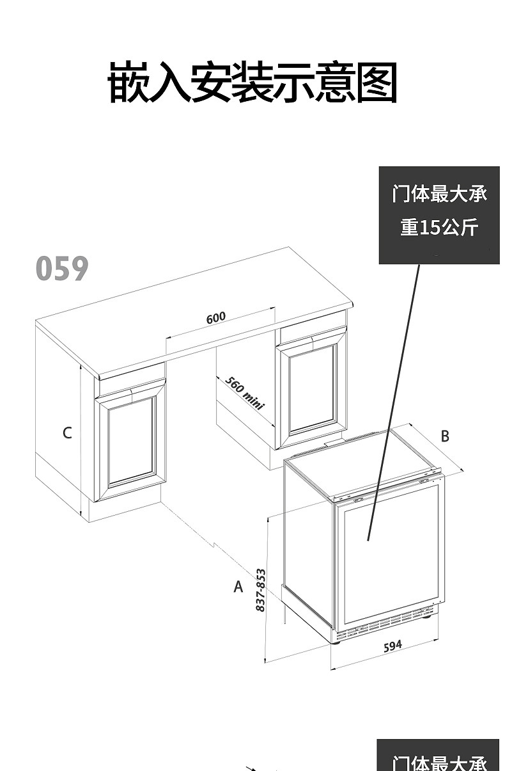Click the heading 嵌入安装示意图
tap(252, 84)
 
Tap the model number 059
tap(61, 269)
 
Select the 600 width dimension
tap(216, 318)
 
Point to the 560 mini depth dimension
tap(244, 393)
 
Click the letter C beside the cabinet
tap(67, 433)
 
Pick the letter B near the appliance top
tap(445, 436)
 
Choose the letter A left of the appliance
tap(238, 586)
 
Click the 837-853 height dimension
tap(260, 589)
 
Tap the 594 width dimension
tap(392, 646)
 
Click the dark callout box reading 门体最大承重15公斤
tap(439, 215)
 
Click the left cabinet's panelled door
tap(131, 441)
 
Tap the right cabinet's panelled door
tap(312, 388)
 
